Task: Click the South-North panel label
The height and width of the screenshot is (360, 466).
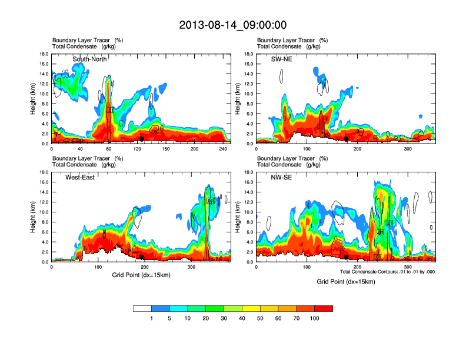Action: (89, 59)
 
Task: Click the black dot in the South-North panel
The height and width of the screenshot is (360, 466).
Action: (142, 139)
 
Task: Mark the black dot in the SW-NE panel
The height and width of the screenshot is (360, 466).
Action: (347, 139)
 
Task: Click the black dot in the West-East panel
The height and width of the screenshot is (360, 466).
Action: (142, 257)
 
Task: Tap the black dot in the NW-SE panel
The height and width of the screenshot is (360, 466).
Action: (347, 257)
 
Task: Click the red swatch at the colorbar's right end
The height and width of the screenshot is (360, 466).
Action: (324, 308)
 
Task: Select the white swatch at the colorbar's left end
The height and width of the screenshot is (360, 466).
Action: (142, 308)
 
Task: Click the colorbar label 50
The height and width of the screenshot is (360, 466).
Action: (260, 318)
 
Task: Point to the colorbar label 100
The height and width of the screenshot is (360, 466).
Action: (315, 318)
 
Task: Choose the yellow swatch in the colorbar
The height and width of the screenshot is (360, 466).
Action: (251, 308)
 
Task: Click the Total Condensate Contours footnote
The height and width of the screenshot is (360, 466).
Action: (387, 272)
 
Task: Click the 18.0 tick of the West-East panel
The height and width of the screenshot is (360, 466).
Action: (43, 172)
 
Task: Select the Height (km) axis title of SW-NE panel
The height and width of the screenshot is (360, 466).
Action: (238, 99)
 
